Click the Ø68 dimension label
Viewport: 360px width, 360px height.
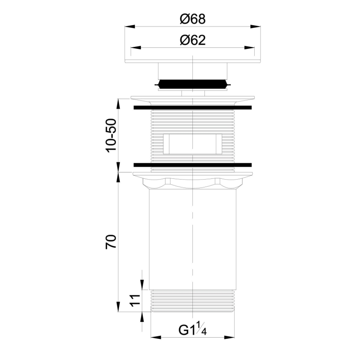click(x=192, y=19)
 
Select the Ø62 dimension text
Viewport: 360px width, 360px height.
click(x=192, y=40)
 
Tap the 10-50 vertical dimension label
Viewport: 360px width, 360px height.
click(x=111, y=135)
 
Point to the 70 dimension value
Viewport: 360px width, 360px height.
click(x=111, y=241)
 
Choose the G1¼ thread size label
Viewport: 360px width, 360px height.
click(x=192, y=330)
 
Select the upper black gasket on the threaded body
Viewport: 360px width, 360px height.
click(x=192, y=108)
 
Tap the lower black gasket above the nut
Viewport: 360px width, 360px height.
click(x=192, y=165)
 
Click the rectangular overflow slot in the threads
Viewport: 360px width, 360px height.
click(x=192, y=144)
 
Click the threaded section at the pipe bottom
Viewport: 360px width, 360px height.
click(x=192, y=300)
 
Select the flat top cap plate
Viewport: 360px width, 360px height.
click(x=192, y=61)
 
